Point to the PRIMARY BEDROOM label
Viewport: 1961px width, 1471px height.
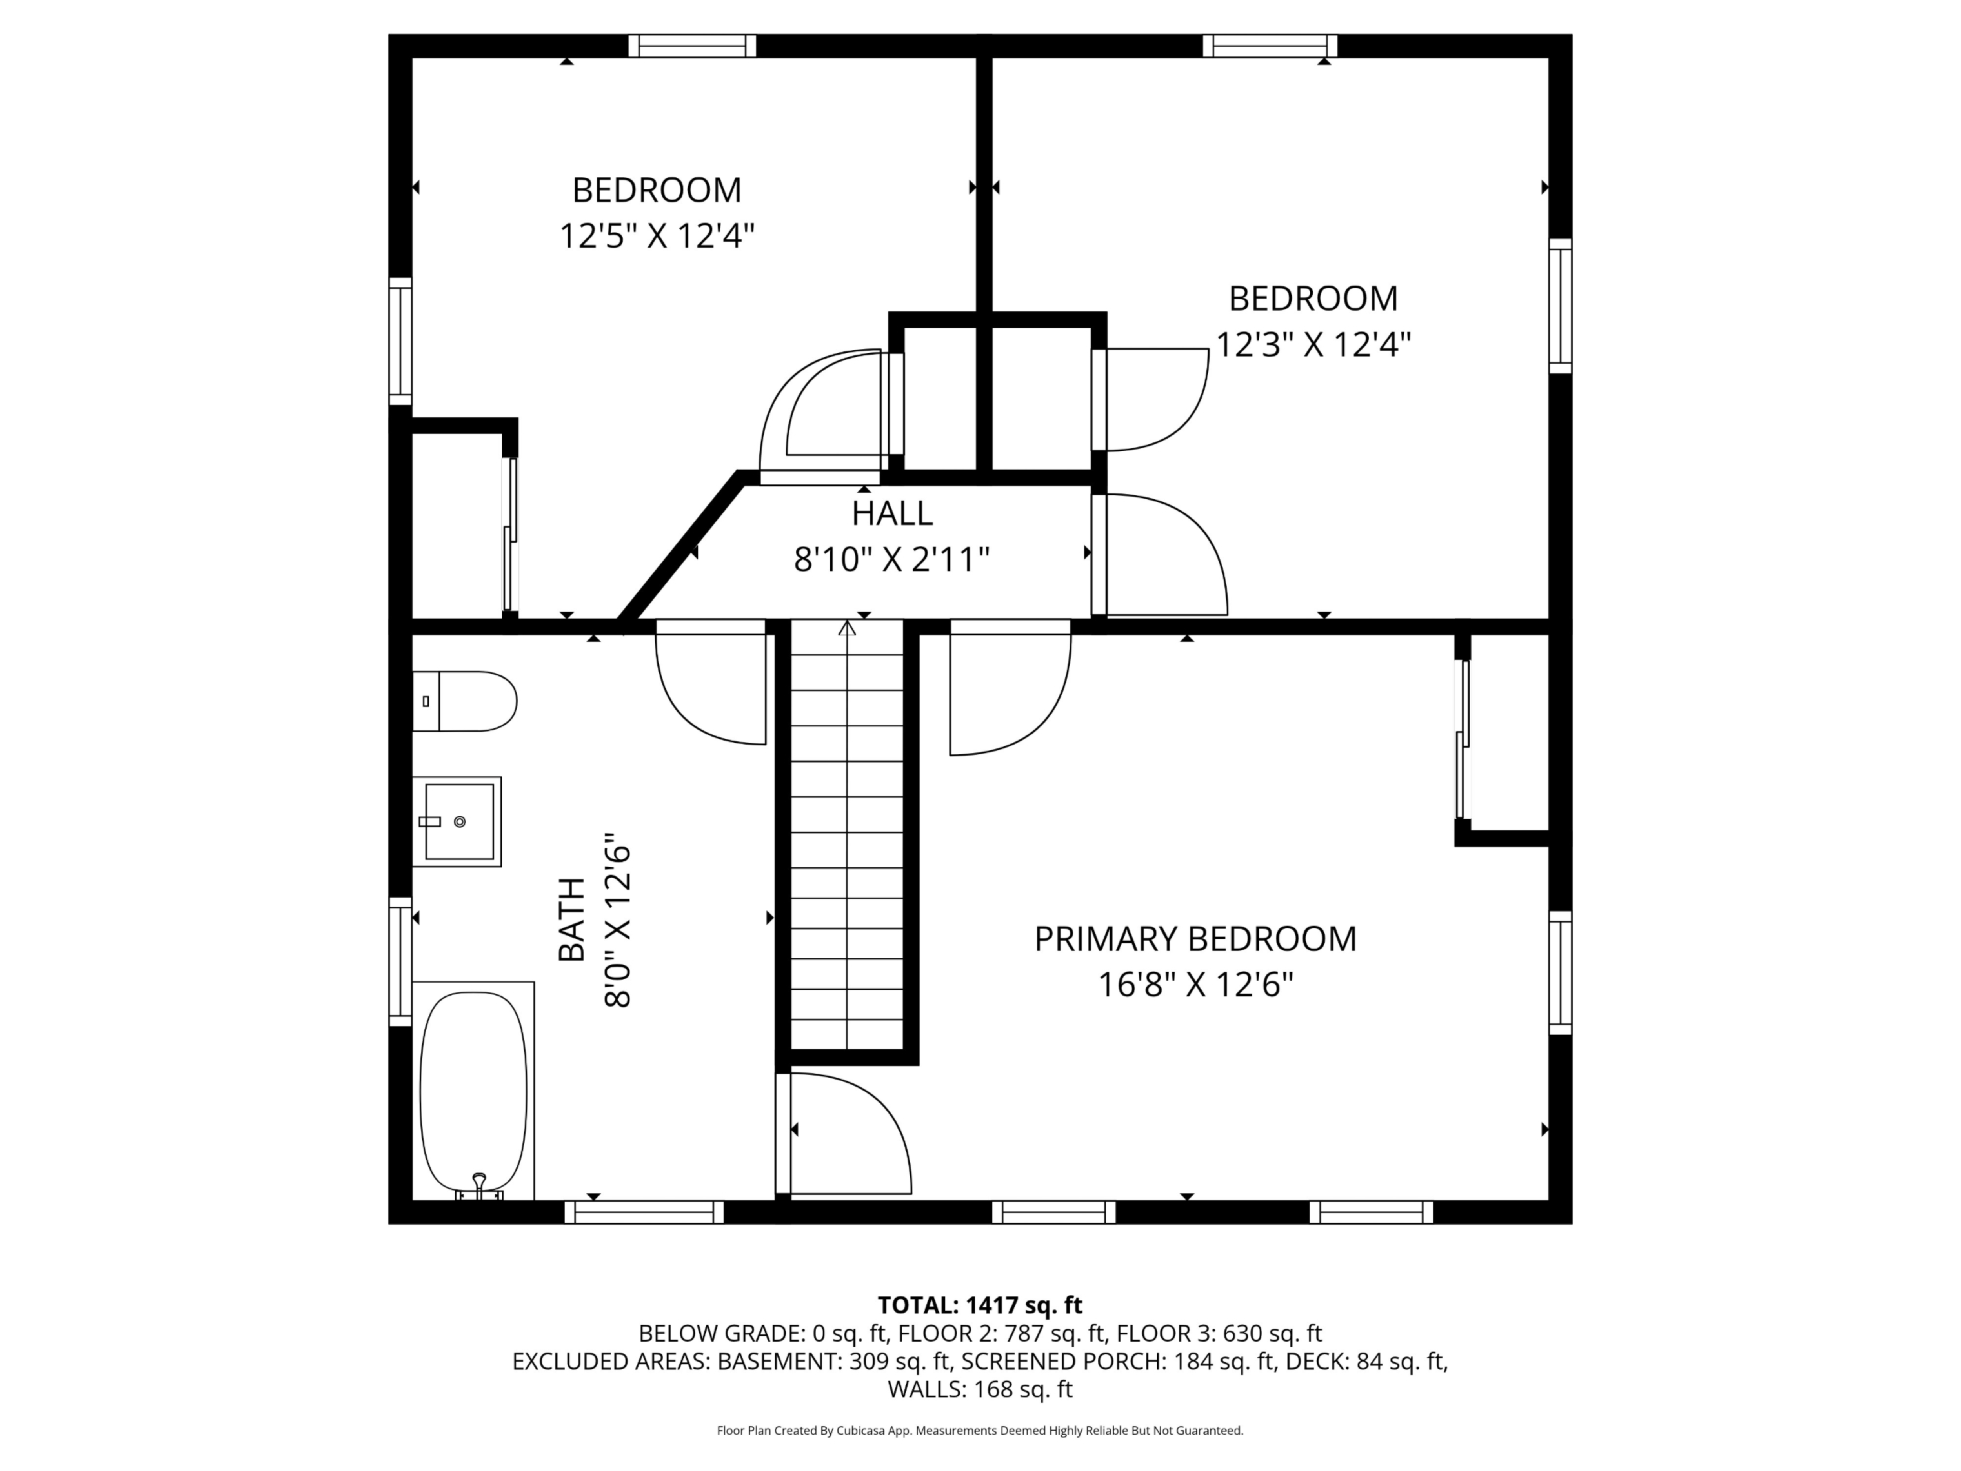click(x=1195, y=939)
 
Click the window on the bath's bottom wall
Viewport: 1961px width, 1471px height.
click(x=644, y=1212)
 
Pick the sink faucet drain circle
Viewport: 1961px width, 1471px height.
click(x=459, y=822)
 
